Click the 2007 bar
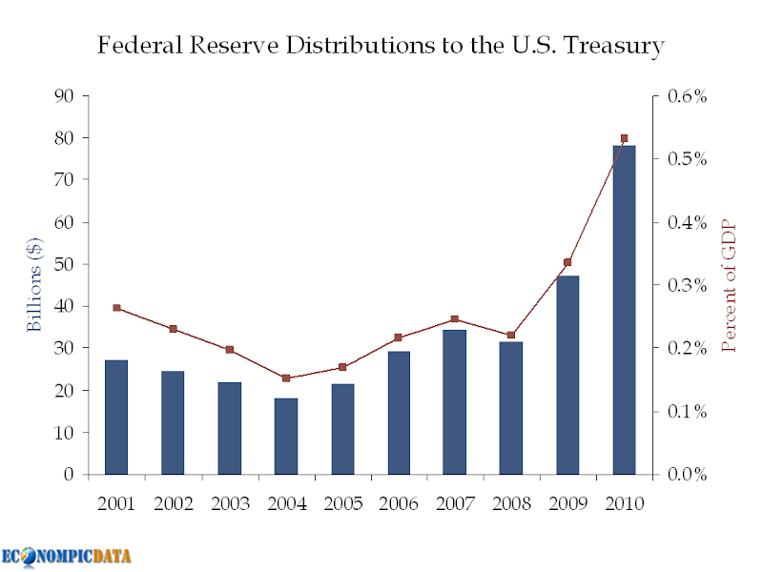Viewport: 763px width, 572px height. tap(455, 401)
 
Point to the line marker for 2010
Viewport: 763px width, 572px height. tap(624, 138)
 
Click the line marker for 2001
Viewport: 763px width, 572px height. tap(116, 308)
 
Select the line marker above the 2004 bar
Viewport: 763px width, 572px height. tap(285, 378)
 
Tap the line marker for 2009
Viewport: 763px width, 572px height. tap(567, 262)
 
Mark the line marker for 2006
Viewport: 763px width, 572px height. tap(399, 337)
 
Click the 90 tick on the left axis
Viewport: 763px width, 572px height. tap(65, 95)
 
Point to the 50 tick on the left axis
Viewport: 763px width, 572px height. tap(65, 264)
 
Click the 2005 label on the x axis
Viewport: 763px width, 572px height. tap(341, 503)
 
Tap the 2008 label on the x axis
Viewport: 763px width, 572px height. tap(511, 503)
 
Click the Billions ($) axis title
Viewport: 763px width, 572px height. tap(34, 285)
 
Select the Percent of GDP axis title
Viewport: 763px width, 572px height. tap(730, 285)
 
